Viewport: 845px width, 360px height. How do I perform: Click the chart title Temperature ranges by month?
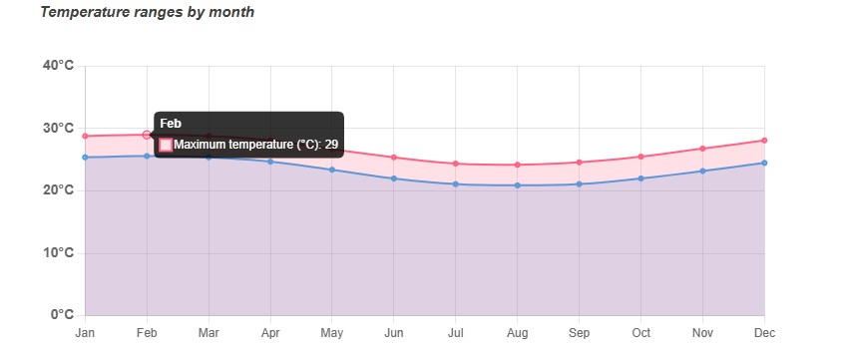coord(147,13)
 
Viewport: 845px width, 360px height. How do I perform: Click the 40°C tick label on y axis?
coord(58,66)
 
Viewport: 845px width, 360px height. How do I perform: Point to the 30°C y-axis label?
coord(58,129)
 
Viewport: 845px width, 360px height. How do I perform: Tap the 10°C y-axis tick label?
coord(58,253)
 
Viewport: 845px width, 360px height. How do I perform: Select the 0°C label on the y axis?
coord(61,315)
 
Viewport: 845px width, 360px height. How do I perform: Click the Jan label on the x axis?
coord(86,333)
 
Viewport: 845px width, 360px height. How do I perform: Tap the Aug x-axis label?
coord(517,333)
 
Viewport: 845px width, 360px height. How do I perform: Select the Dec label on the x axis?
coord(763,333)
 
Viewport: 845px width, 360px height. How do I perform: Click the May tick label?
coord(332,333)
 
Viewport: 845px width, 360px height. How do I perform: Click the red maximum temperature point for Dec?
coord(764,141)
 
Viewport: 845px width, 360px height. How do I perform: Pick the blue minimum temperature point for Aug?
coord(517,185)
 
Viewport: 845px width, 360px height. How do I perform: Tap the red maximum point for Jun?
coord(394,158)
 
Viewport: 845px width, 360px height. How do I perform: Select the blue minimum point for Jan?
coord(86,158)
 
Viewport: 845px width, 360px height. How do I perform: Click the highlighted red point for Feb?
coord(147,135)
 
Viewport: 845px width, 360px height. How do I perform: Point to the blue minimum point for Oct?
coord(640,179)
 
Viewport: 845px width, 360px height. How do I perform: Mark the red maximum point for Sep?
coord(579,163)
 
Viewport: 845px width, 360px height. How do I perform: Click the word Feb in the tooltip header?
coord(171,123)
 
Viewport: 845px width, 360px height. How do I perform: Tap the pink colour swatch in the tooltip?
coord(166,145)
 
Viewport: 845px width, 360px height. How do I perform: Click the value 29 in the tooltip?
coord(331,145)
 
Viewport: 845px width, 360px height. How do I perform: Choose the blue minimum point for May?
coord(332,170)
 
